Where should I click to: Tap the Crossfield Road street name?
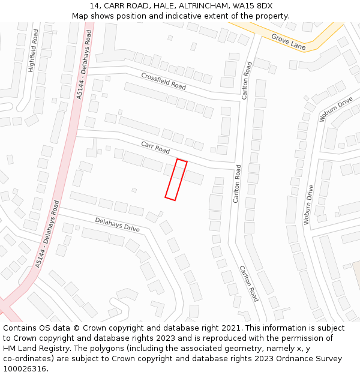point(163,81)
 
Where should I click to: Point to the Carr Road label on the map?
point(155,147)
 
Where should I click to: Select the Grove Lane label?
point(288,41)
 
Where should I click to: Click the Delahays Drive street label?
point(117,224)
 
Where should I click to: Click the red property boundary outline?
point(176,180)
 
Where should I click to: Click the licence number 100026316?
point(25,369)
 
